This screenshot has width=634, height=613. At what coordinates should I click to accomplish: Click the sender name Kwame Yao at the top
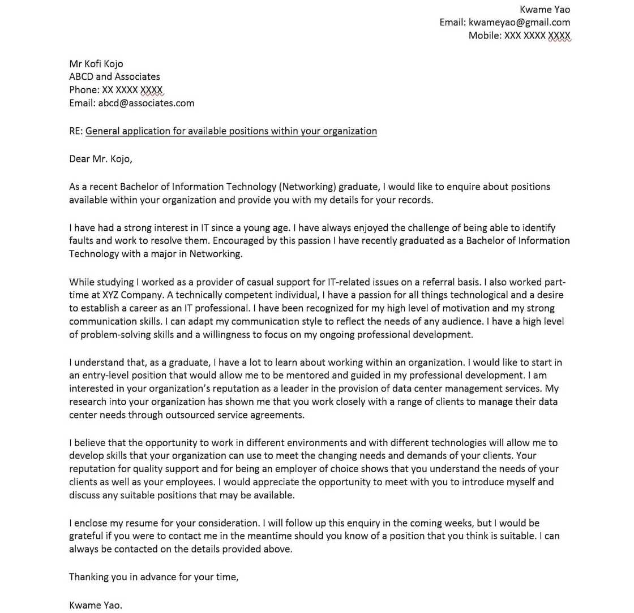(x=545, y=10)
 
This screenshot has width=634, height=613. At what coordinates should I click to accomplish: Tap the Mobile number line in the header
(x=519, y=36)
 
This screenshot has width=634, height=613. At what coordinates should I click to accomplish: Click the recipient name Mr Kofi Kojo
(x=96, y=64)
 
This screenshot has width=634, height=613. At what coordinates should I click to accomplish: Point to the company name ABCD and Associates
(x=114, y=77)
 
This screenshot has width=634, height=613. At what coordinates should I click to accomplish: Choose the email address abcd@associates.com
(x=146, y=103)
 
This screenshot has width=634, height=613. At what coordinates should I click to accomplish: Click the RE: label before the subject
(x=76, y=131)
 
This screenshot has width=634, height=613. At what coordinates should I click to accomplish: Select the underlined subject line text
(x=231, y=131)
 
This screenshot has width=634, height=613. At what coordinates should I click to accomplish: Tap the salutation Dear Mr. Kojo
(x=100, y=159)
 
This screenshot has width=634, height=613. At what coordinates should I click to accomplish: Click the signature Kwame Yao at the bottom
(x=95, y=605)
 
